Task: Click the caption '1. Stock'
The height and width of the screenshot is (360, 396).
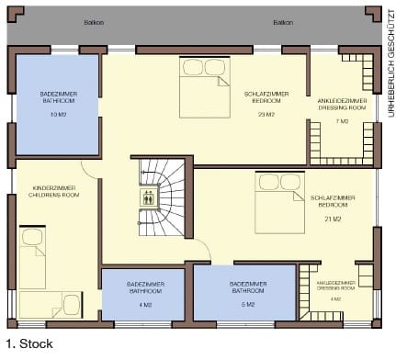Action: (28, 344)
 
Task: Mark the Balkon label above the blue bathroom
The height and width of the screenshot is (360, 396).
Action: (94, 21)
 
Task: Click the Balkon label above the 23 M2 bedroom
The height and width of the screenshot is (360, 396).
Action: (282, 21)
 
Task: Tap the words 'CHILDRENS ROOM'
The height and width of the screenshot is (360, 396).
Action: (53, 197)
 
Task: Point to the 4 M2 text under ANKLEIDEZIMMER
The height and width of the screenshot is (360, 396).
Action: (336, 298)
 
